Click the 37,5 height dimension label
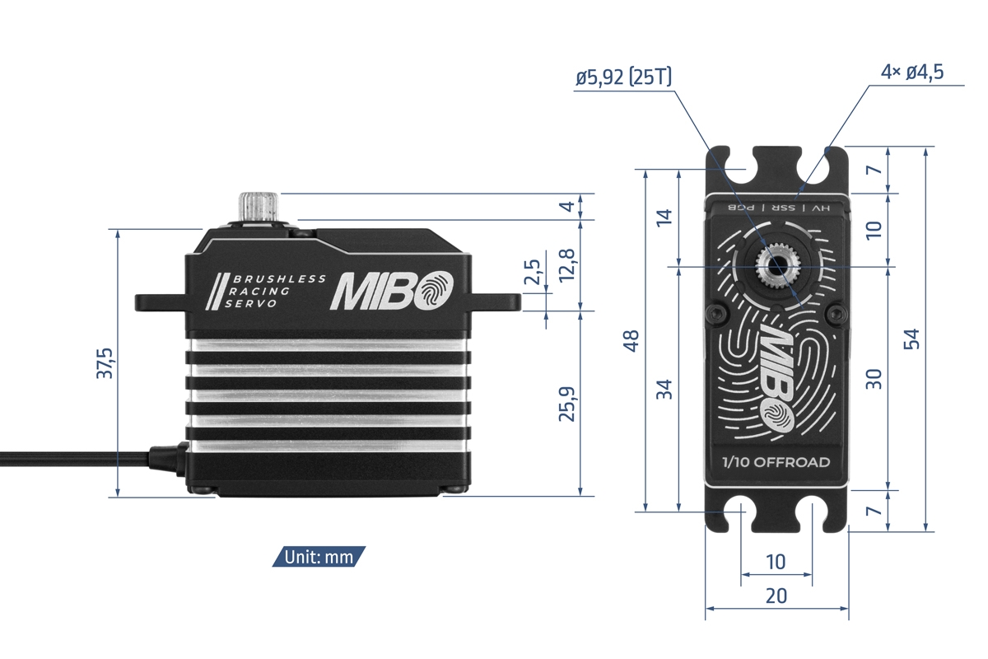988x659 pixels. tap(105, 362)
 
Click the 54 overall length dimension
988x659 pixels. tap(911, 339)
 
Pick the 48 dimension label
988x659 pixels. tap(631, 340)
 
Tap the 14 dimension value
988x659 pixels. tap(664, 218)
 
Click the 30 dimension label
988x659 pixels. tap(874, 378)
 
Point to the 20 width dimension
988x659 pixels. tap(776, 596)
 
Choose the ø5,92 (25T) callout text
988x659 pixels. tap(623, 77)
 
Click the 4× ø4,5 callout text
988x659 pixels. tap(911, 72)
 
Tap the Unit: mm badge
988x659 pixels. tap(319, 557)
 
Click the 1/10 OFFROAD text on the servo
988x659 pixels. tap(776, 462)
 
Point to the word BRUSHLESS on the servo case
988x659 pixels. tap(280, 279)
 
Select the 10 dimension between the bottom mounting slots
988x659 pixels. tap(776, 562)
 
